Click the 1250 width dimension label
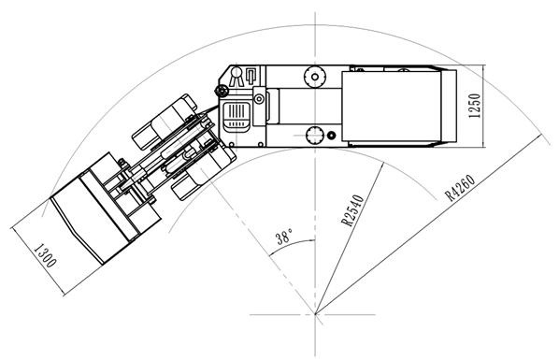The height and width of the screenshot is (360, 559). (475, 106)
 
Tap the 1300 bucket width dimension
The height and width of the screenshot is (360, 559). (45, 255)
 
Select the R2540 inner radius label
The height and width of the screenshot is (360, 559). (353, 210)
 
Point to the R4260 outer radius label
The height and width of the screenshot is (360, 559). (460, 187)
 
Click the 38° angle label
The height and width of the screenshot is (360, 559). (284, 237)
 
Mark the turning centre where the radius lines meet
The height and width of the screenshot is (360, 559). (315, 314)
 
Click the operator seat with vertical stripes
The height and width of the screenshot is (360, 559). (236, 116)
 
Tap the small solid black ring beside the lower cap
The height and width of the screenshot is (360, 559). (332, 136)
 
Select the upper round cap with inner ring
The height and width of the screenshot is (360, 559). (315, 77)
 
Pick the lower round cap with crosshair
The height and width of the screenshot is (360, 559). (315, 136)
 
